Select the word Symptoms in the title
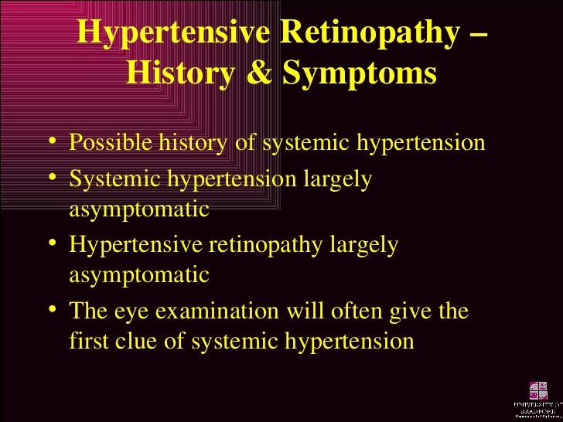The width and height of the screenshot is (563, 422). click(x=360, y=75)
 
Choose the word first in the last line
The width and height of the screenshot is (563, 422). click(x=87, y=340)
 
